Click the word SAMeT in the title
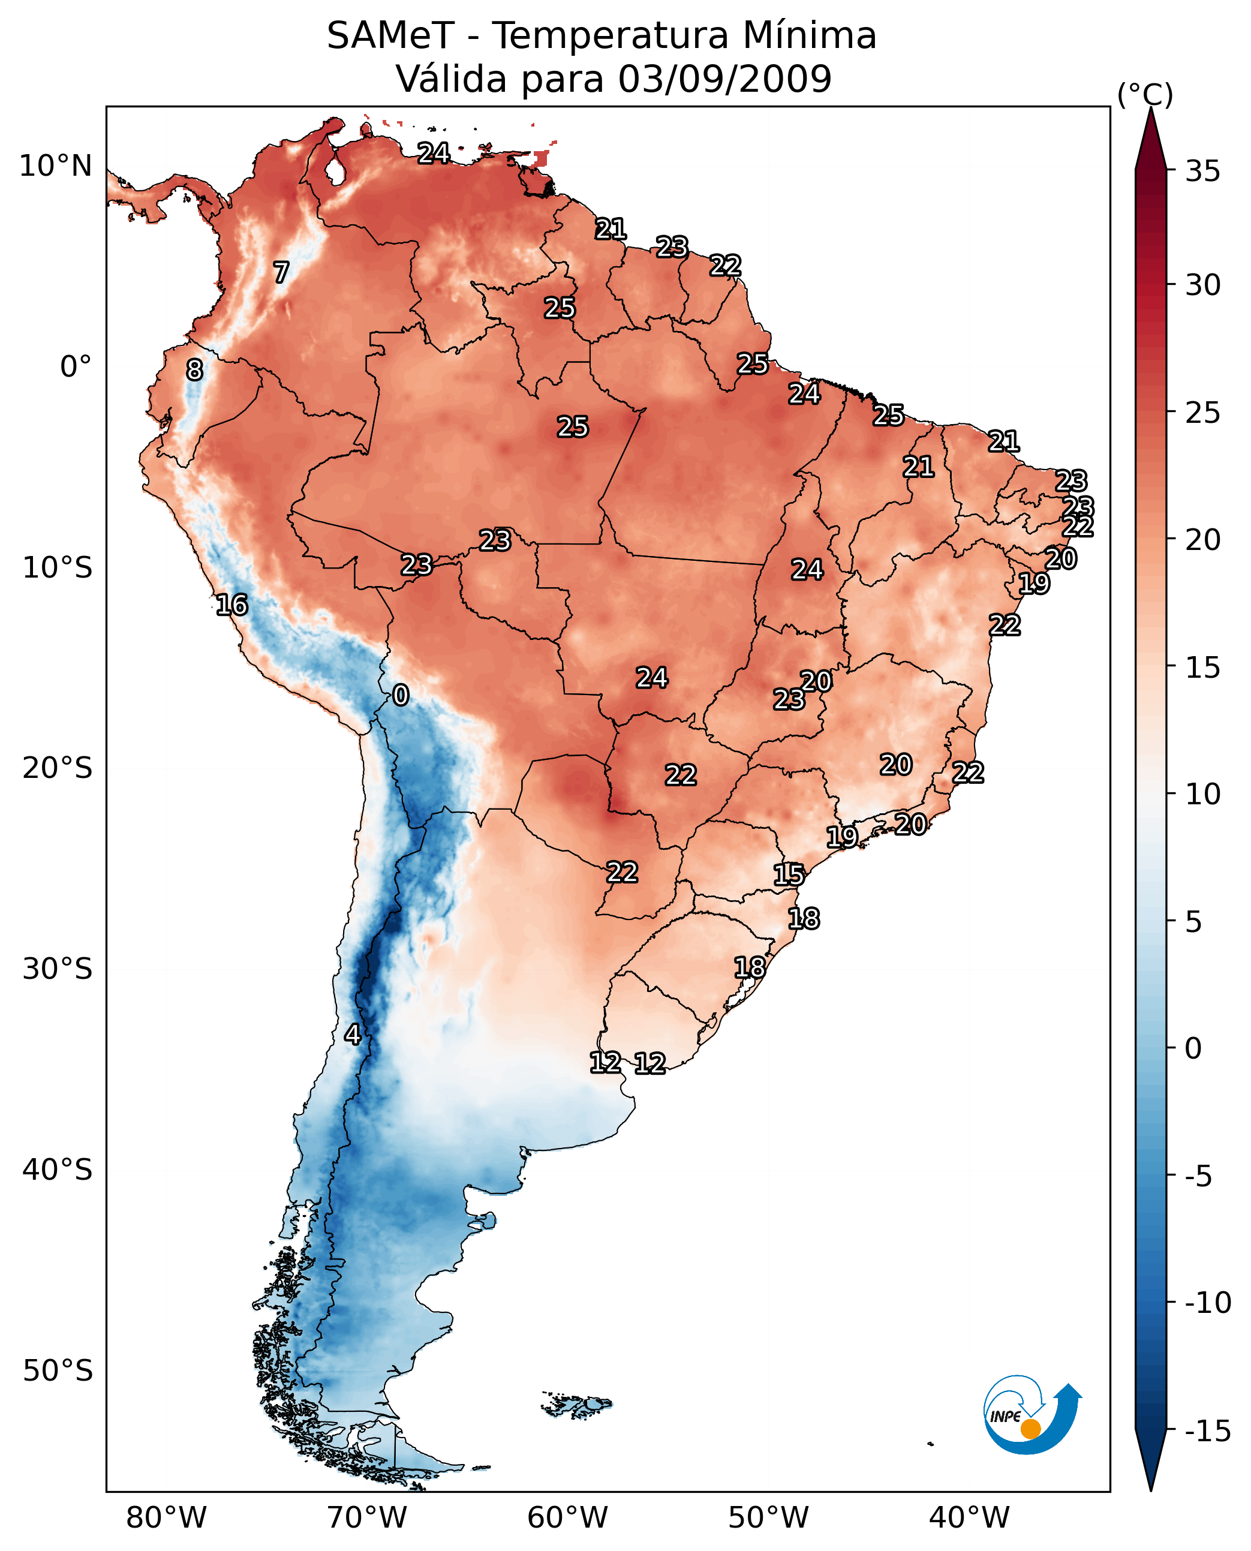coord(390,36)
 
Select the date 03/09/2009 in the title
coord(724,79)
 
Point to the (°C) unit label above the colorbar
coord(1144,94)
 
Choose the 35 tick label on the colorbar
coord(1202,172)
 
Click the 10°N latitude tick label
coord(56,167)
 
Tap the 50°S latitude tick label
coord(57,1371)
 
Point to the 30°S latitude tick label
coord(57,969)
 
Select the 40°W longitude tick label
coord(969,1518)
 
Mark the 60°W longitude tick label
coord(567,1518)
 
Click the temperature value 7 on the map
coord(281,272)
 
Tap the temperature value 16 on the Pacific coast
coord(231,605)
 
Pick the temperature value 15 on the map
coord(789,875)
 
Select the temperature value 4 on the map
coord(353,1034)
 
